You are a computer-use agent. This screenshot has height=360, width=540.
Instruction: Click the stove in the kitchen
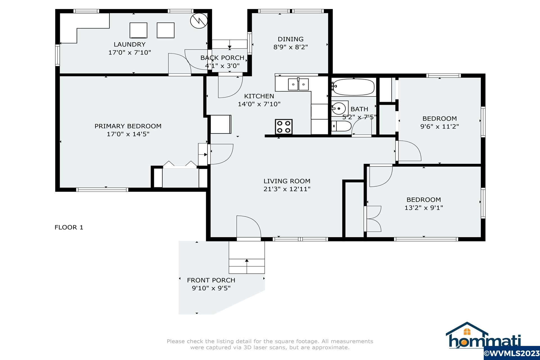(284, 126)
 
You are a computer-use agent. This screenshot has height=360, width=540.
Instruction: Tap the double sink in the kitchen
(298, 84)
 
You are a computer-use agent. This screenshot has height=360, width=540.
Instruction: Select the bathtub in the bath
(353, 87)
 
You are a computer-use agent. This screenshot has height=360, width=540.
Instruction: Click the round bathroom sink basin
(339, 108)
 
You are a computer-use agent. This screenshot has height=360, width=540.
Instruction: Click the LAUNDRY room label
(130, 44)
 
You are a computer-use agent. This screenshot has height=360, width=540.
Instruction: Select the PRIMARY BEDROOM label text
(128, 126)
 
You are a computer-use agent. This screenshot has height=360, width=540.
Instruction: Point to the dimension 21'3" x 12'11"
(287, 189)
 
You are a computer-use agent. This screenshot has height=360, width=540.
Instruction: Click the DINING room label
(291, 39)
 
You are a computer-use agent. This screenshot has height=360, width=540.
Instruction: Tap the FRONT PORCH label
(211, 280)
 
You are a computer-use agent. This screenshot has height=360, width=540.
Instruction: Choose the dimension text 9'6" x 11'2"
(440, 127)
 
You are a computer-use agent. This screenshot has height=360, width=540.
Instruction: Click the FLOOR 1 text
(69, 227)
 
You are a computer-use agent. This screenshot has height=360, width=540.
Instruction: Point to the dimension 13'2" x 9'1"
(424, 208)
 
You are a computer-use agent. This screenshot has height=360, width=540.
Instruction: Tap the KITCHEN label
(259, 96)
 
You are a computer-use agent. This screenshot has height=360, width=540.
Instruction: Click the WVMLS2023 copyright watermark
(512, 353)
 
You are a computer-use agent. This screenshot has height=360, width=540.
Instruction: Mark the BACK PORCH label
(222, 58)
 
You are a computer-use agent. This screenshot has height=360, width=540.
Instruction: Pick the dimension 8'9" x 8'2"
(291, 47)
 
